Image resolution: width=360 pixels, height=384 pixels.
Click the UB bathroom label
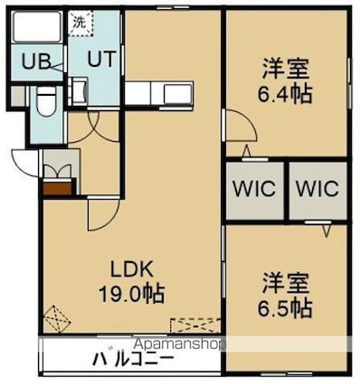tap(36, 61)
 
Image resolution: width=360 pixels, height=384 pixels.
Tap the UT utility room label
tap(101, 59)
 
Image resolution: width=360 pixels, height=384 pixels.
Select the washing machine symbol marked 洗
tap(81, 23)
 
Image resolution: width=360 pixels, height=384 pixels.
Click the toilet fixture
tap(46, 101)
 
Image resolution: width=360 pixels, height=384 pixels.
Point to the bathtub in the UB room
tap(37, 26)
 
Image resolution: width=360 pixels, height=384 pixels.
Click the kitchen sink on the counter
tap(177, 93)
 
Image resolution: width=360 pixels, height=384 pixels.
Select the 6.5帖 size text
tap(284, 308)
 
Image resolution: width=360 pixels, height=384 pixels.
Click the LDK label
tap(132, 269)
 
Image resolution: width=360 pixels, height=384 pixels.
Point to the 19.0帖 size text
tap(132, 293)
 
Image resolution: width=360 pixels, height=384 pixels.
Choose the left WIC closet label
tap(254, 189)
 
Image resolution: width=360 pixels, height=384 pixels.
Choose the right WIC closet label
tap(317, 189)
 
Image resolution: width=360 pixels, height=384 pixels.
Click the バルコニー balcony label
tap(134, 359)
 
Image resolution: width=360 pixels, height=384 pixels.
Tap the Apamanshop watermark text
tap(179, 343)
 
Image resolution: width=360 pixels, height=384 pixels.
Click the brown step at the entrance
tap(58, 188)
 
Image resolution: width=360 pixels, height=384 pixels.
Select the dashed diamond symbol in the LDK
tap(57, 319)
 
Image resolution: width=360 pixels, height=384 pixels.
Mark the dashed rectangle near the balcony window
tap(195, 325)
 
